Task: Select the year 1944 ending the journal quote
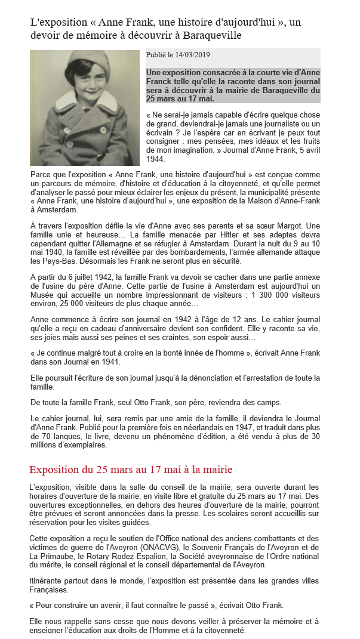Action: click(x=155, y=159)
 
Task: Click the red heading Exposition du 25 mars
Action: click(x=131, y=470)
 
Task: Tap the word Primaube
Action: click(x=54, y=557)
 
